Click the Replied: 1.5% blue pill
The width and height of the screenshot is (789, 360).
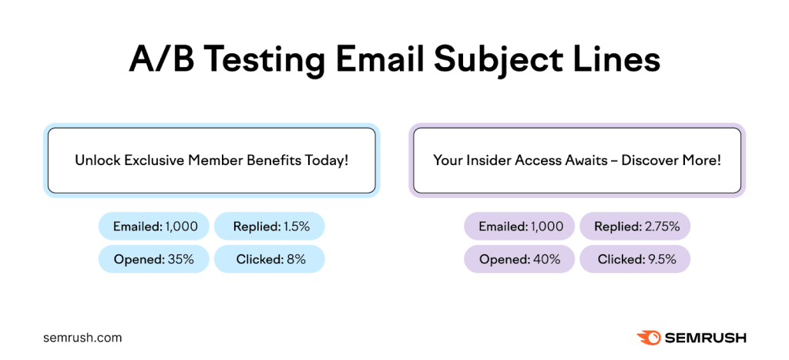point(269,227)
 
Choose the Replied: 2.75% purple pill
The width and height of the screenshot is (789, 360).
point(635,227)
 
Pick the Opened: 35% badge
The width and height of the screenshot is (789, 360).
point(153,259)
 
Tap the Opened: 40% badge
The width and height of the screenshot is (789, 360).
point(519,259)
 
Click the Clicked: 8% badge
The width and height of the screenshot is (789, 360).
point(269,259)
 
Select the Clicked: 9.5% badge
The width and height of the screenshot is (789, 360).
point(635,259)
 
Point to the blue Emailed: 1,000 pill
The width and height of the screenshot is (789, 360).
point(153,227)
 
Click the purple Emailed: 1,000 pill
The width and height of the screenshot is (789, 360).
point(519,227)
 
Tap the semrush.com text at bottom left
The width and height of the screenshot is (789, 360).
point(82,338)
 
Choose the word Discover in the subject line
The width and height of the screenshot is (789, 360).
point(650,160)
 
